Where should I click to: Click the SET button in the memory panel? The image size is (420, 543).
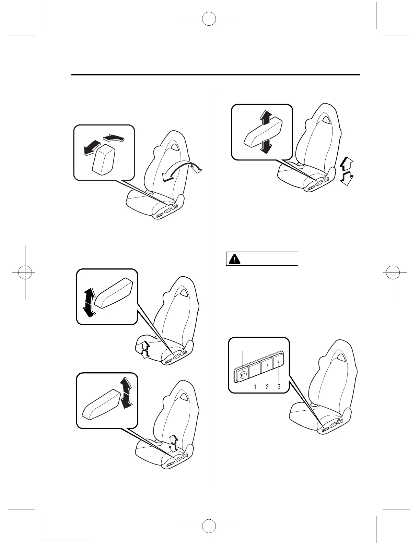click(243, 375)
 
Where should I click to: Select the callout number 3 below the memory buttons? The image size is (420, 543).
click(279, 387)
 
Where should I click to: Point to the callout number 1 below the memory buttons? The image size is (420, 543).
click(255, 387)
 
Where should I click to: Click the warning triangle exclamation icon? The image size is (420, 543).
click(234, 259)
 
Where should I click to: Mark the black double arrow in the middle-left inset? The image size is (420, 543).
click(89, 302)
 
